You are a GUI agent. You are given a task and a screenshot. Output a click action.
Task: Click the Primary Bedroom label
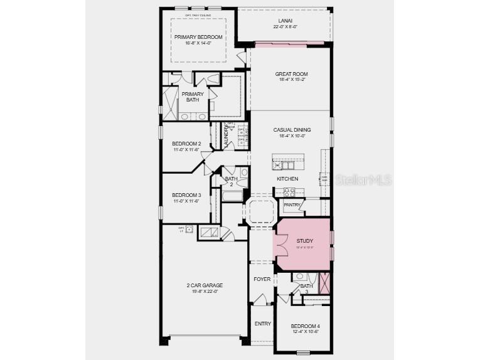[x=198, y=37]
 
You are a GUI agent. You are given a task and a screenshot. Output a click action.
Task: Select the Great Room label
[x=291, y=74]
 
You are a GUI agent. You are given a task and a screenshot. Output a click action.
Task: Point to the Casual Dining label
[x=292, y=130]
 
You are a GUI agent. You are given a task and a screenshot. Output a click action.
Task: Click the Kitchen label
[x=287, y=179]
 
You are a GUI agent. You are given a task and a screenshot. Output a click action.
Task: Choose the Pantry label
[x=292, y=204]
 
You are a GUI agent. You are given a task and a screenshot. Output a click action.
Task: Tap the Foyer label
[x=262, y=279]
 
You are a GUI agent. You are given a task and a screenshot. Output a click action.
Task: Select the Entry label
[x=262, y=324]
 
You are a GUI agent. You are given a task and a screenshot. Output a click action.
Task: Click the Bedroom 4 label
[x=305, y=326]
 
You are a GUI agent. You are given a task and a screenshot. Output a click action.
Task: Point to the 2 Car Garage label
[x=205, y=285]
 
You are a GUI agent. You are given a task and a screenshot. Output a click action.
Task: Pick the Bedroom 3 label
[x=186, y=194]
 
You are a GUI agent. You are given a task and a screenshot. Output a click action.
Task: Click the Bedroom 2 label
[x=186, y=144]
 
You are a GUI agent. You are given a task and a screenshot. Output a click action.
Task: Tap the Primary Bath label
[x=193, y=97]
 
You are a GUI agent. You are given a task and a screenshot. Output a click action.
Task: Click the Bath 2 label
[x=230, y=181]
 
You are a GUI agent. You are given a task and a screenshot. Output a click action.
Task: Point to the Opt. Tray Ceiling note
[x=198, y=14]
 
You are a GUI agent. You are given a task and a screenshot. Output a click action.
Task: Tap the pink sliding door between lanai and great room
[x=289, y=43]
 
